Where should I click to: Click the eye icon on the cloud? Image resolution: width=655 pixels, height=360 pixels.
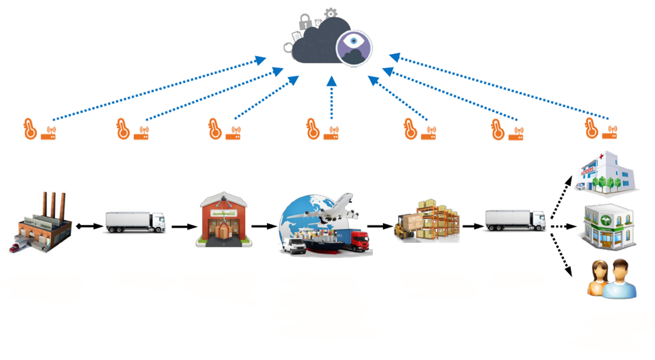[354, 48]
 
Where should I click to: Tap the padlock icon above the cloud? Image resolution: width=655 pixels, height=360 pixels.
[305, 21]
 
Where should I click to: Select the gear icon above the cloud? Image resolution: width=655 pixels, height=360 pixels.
[331, 13]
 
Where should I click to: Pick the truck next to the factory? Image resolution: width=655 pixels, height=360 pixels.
[135, 222]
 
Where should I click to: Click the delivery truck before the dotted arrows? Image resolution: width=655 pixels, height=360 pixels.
[515, 220]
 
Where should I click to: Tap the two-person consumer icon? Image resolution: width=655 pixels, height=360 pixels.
[613, 279]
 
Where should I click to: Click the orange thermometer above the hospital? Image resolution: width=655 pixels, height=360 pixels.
[591, 129]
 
